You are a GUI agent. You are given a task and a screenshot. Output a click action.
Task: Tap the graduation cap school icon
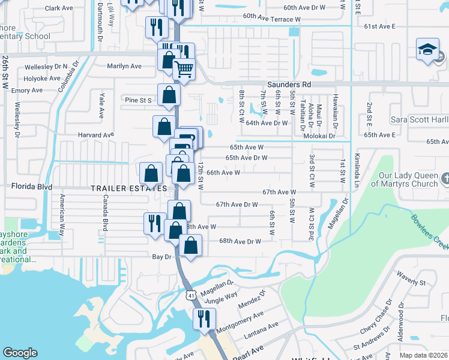pyautogui.click(x=427, y=49)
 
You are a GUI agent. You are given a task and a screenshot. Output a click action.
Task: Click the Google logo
pyautogui.click(x=20, y=353)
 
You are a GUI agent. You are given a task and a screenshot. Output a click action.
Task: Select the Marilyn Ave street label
pyautogui.click(x=124, y=66)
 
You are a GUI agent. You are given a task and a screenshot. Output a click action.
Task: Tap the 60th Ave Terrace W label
pyautogui.click(x=272, y=19)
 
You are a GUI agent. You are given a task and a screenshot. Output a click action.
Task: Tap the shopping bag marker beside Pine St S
pyautogui.click(x=169, y=94)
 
